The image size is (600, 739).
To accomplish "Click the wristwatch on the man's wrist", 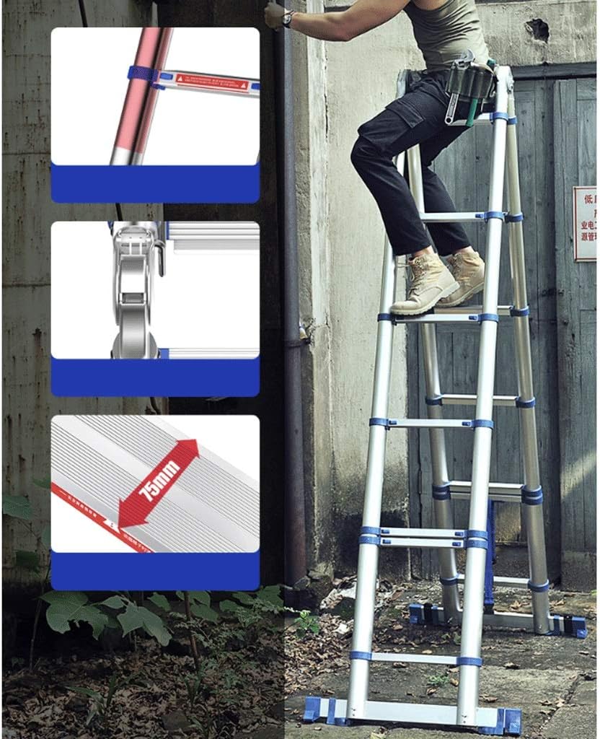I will tap(288, 18).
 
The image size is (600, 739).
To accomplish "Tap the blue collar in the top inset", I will tap(141, 74).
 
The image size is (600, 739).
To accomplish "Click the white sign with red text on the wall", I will tap(584, 224).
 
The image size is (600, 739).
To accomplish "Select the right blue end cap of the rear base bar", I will tap(575, 626).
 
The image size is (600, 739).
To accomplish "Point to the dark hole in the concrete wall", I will tap(537, 29).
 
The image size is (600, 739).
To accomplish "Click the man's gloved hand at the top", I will tap(274, 14).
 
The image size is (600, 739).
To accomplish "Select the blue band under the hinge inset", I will tap(155, 377).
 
